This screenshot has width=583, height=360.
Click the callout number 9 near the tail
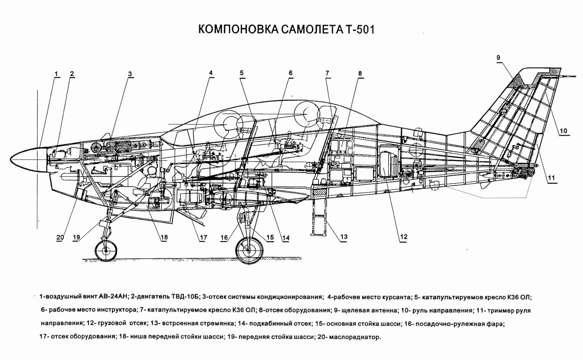(498, 58)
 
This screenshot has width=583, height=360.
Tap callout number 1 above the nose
(56, 73)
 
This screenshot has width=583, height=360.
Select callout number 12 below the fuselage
(404, 237)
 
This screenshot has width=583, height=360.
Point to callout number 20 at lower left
(60, 237)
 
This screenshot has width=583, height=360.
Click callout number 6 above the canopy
(291, 73)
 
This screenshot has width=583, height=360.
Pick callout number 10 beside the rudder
(564, 131)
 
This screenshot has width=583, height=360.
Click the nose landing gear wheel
(106, 250)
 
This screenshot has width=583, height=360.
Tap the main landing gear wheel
(249, 250)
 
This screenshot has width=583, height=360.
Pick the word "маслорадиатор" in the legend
(355, 337)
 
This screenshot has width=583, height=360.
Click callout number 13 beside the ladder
(344, 237)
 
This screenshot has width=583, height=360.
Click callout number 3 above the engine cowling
(130, 74)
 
